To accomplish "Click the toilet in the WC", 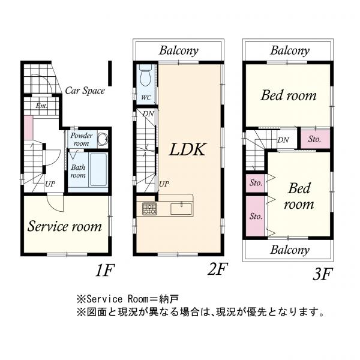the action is tap(146, 75).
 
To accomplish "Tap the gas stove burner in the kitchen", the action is tap(149, 209).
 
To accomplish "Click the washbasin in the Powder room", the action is tap(103, 139).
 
